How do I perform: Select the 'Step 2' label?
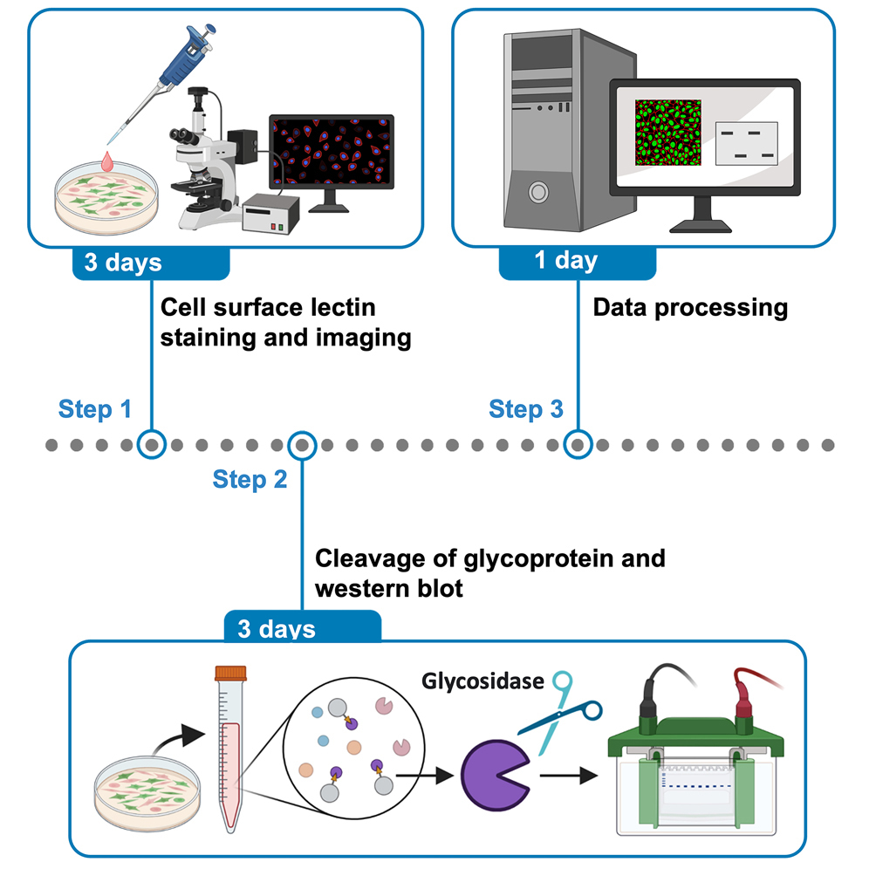(250, 479)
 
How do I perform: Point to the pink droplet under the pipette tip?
(108, 161)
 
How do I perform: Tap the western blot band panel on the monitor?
(747, 143)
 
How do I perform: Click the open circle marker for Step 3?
(576, 445)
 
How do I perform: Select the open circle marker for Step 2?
(302, 445)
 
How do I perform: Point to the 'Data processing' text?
(689, 307)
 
